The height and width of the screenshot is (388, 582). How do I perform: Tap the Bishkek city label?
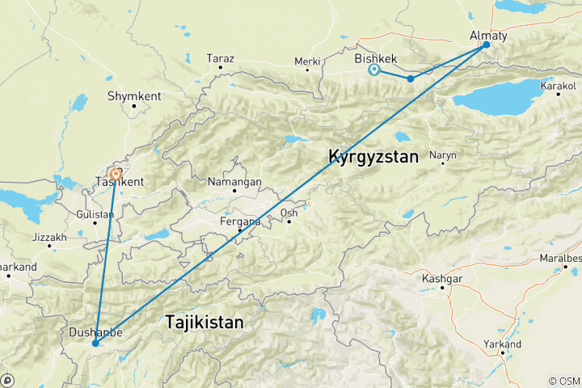[375, 59]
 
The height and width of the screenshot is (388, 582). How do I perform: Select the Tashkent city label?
[120, 181]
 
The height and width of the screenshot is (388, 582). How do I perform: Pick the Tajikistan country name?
[204, 323]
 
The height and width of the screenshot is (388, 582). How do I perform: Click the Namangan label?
[234, 183]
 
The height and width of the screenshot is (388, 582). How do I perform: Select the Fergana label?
[240, 221]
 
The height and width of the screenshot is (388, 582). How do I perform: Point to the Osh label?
[289, 213]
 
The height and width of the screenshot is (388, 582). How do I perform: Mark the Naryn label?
[444, 154]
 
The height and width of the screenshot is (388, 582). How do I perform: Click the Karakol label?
[559, 85]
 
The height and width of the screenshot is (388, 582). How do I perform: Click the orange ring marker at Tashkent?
[116, 173]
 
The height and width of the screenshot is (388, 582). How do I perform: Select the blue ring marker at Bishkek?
[374, 70]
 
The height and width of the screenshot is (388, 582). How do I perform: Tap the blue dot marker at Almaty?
[487, 44]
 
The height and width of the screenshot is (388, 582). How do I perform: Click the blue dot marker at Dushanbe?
[95, 344]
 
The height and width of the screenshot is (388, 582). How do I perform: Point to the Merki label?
[307, 61]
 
